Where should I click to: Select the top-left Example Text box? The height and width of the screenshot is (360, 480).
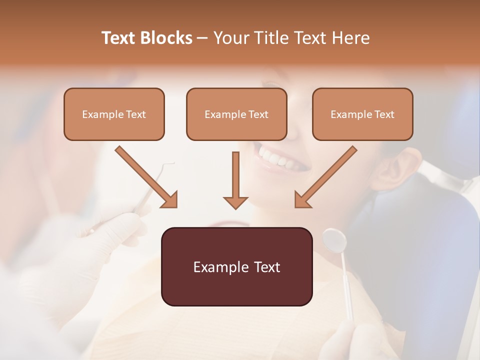pyautogui.click(x=114, y=114)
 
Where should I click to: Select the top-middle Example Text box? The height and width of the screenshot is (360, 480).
pyautogui.click(x=236, y=114)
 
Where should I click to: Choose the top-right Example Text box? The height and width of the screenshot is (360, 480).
pyautogui.click(x=362, y=114)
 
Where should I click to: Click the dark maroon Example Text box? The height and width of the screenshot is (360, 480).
pyautogui.click(x=236, y=267)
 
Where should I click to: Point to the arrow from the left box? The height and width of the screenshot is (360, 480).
pyautogui.click(x=145, y=176)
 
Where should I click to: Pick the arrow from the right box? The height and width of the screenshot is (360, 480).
pyautogui.click(x=326, y=176)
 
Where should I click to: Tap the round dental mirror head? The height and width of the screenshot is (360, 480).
pyautogui.click(x=334, y=240)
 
